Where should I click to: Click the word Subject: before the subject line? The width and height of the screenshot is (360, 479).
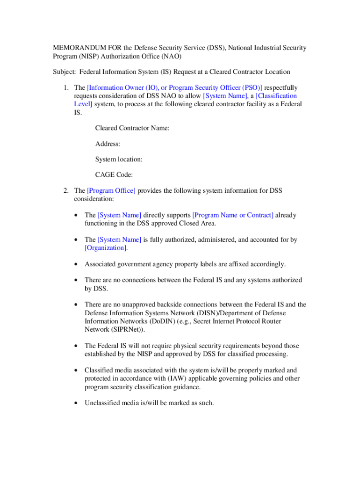coord(64,72)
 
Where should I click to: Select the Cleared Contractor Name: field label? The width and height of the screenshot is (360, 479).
coord(132,128)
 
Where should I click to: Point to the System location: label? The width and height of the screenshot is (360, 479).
coord(119,160)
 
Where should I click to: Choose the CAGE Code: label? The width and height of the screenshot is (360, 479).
coord(114,175)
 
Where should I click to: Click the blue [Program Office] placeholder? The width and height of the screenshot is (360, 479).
coord(111,190)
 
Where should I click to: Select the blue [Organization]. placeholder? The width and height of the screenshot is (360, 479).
coord(106,248)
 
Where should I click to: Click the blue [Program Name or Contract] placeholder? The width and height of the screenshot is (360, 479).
coord(233,215)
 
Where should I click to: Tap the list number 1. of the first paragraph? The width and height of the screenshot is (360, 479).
coord(66,87)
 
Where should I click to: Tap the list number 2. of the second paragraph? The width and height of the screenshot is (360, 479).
coord(66,190)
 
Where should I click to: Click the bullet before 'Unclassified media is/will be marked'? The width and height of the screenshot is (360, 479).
coord(76,403)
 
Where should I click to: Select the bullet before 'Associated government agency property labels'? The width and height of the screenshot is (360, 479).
coord(76,265)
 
